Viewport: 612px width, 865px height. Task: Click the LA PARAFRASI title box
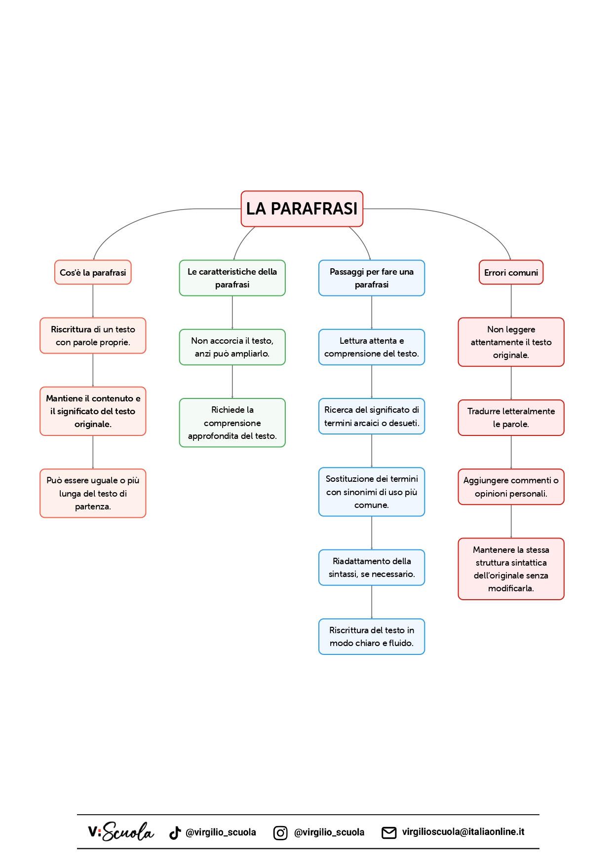click(x=302, y=209)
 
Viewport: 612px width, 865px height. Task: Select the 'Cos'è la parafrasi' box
click(x=93, y=272)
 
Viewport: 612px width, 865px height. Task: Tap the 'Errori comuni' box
click(x=511, y=272)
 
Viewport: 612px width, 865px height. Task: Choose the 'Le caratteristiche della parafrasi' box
click(x=232, y=278)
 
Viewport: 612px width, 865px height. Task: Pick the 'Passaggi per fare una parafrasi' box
click(x=371, y=278)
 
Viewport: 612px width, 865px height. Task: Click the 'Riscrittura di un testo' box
click(x=93, y=335)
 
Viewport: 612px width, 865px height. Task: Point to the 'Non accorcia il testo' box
click(x=232, y=347)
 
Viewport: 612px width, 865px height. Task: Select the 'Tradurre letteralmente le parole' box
click(x=511, y=417)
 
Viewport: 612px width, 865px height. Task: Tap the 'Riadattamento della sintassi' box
click(x=371, y=567)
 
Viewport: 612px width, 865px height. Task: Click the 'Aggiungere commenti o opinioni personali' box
click(x=511, y=486)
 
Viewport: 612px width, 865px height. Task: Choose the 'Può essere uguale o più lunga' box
click(x=93, y=493)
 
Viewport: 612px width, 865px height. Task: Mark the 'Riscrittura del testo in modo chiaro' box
click(x=371, y=636)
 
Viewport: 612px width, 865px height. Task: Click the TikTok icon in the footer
click(x=175, y=832)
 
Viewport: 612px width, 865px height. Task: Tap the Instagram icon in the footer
click(x=280, y=832)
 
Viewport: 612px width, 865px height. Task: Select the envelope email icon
click(x=389, y=832)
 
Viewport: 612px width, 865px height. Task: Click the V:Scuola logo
click(x=121, y=831)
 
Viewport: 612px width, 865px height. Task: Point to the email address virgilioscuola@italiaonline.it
click(x=463, y=831)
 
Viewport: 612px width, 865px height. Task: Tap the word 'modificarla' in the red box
click(x=510, y=588)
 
